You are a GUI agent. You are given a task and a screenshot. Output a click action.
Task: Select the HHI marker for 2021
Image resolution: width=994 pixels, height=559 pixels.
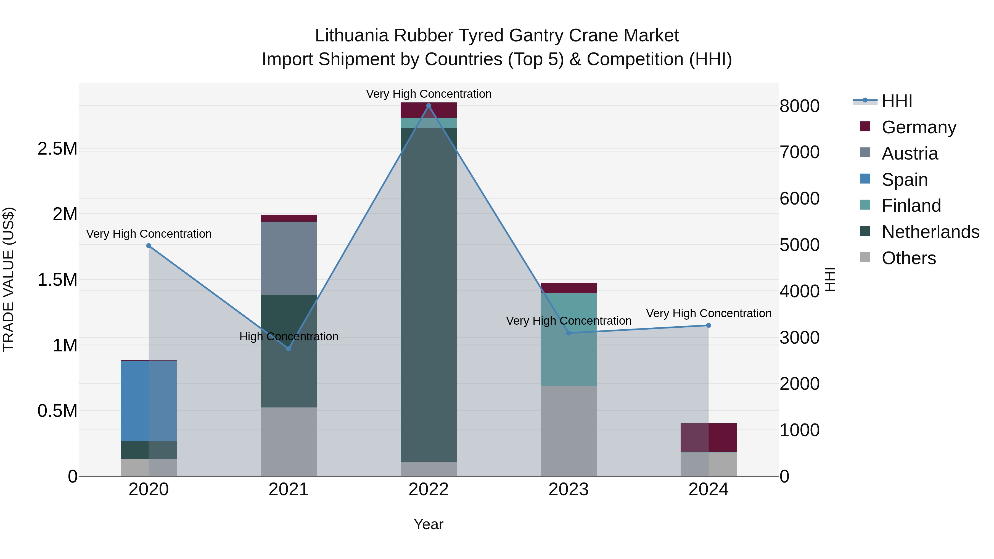pyautogui.click(x=289, y=348)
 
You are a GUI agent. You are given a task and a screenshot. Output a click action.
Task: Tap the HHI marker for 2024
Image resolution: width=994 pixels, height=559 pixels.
pyautogui.click(x=709, y=325)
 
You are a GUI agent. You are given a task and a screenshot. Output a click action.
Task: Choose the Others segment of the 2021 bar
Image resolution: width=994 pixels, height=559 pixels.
pyautogui.click(x=289, y=441)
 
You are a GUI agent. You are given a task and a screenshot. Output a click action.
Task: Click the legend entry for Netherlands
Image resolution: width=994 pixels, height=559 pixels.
pyautogui.click(x=930, y=232)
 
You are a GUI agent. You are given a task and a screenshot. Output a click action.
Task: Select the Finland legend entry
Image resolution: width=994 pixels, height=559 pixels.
pyautogui.click(x=911, y=206)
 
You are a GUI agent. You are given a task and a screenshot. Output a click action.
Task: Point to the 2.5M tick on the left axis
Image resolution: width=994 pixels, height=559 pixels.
pyautogui.click(x=57, y=149)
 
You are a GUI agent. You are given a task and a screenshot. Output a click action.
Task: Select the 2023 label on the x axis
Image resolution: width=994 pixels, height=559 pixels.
pyautogui.click(x=569, y=489)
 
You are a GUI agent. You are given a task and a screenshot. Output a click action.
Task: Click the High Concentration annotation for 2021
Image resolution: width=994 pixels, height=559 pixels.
pyautogui.click(x=289, y=337)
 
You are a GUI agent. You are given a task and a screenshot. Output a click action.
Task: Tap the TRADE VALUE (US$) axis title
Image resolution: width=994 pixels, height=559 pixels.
pyautogui.click(x=9, y=279)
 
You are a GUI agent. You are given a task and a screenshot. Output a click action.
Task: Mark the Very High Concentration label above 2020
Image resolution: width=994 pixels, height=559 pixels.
pyautogui.click(x=149, y=234)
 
